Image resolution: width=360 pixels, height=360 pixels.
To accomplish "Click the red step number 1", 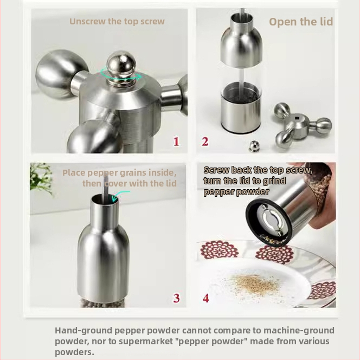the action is point(176,142).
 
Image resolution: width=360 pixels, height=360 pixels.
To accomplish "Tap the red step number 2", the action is point(205,142).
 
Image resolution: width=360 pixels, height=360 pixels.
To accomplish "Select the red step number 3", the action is point(176,298).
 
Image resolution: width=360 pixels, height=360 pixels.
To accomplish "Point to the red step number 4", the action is point(206,298).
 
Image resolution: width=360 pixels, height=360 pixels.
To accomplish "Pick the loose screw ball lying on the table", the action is point(254,146).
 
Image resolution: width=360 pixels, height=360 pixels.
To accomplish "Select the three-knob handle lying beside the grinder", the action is point(303,125).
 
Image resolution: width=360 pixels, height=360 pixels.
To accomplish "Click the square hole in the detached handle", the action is point(297,118).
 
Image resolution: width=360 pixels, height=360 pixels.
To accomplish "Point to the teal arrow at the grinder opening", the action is point(120,195).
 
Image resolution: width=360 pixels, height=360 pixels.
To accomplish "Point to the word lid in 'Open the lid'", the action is point(325,22).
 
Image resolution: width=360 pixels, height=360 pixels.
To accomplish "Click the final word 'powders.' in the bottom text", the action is point(74,352).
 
